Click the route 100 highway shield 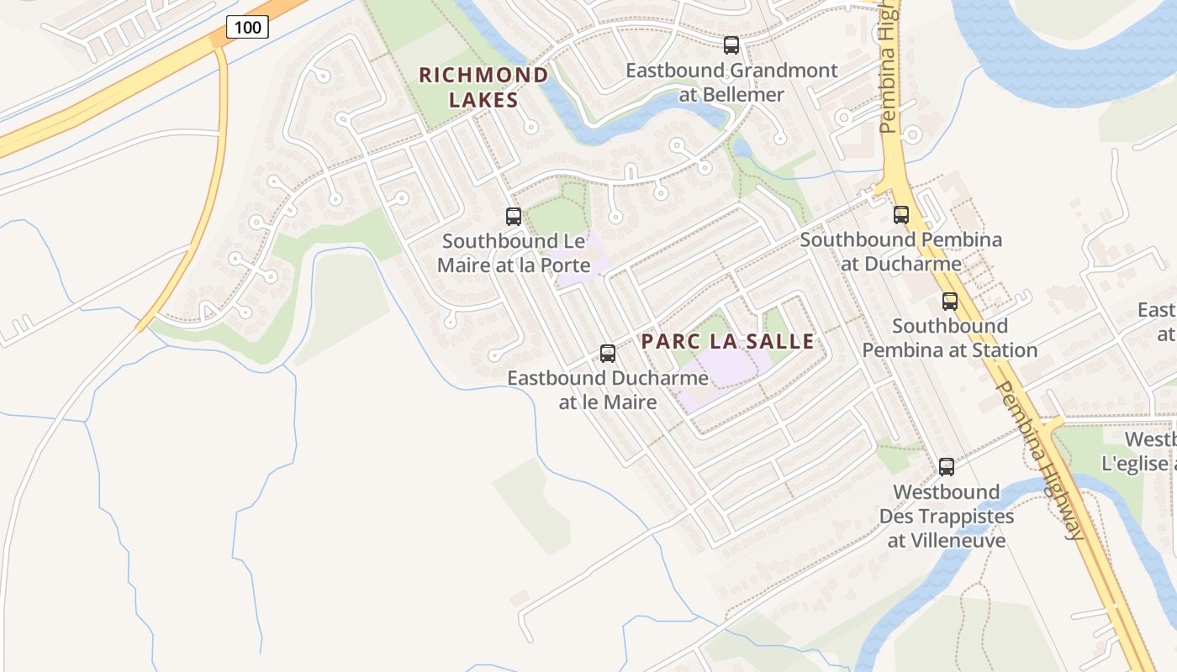247,27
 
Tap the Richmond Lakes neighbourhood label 483,87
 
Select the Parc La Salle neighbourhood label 728,341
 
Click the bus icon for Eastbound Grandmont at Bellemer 731,45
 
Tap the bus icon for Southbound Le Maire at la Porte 514,217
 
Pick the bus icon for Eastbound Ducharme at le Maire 608,354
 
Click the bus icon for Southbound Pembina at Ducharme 901,215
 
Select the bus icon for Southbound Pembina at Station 950,302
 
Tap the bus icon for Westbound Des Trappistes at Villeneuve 947,467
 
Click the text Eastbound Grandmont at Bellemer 731,82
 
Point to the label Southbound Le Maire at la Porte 514,253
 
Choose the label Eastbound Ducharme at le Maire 608,391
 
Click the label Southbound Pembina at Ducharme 901,251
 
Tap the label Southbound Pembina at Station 950,338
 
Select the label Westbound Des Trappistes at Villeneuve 947,516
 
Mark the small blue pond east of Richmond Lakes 742,149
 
